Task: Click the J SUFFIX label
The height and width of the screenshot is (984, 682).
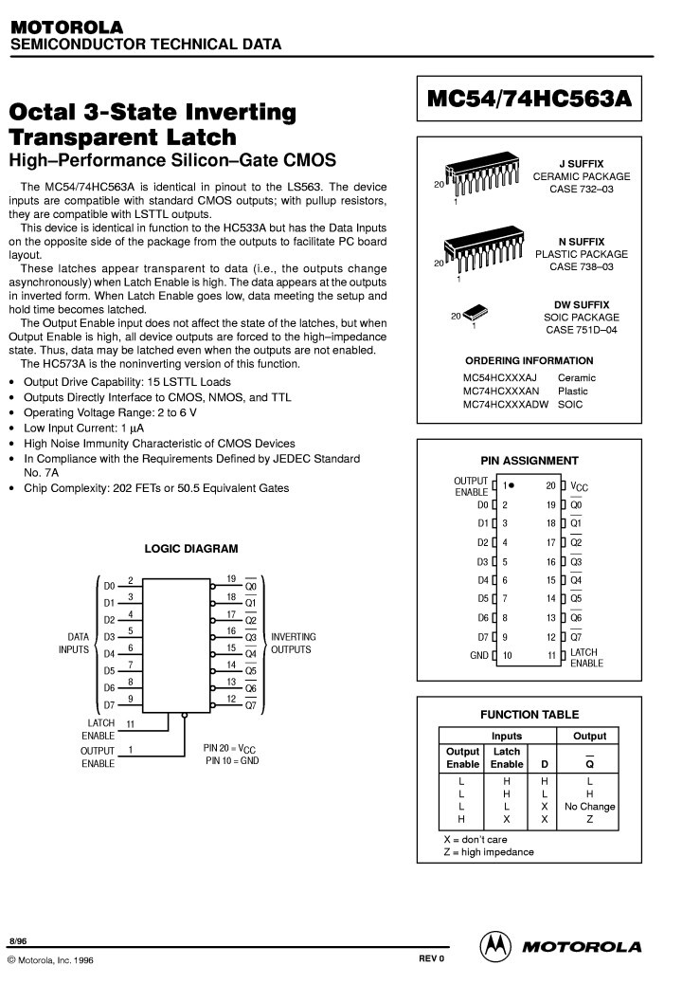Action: pos(581,164)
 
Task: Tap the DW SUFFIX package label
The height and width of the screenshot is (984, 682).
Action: pos(581,304)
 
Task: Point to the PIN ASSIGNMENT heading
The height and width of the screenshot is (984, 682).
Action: pos(529,461)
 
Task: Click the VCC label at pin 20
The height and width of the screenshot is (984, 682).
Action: pos(580,486)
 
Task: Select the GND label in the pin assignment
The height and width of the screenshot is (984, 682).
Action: pos(479,655)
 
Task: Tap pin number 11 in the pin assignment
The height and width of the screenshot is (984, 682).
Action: pos(550,655)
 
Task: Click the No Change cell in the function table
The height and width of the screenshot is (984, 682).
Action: pos(589,807)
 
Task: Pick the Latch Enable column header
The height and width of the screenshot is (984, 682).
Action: pos(507,757)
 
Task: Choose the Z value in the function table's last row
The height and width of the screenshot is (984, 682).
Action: pos(589,819)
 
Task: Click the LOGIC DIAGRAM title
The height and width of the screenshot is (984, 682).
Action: pos(191,549)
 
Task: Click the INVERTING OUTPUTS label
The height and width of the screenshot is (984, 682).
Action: pos(294,643)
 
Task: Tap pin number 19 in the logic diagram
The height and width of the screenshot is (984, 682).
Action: pos(231,579)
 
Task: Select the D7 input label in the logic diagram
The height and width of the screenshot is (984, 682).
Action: pos(109,705)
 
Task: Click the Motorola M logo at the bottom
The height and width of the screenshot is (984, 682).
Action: pos(494,945)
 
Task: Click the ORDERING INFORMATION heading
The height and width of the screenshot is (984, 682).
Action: pos(529,360)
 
